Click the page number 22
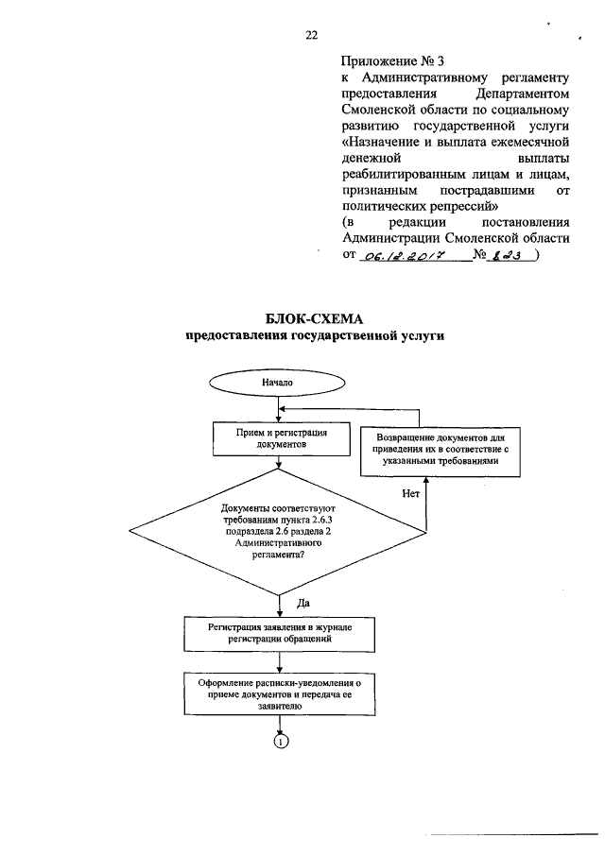pyautogui.click(x=310, y=36)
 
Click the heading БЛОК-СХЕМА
pyautogui.click(x=302, y=319)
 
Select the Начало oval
pyautogui.click(x=278, y=383)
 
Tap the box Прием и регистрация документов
pyautogui.click(x=281, y=436)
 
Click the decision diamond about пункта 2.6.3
pyautogui.click(x=281, y=533)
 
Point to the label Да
pyautogui.click(x=303, y=603)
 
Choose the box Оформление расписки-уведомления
pyautogui.click(x=281, y=693)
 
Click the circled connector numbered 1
pyautogui.click(x=281, y=742)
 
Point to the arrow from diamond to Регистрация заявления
pyautogui.click(x=281, y=605)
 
